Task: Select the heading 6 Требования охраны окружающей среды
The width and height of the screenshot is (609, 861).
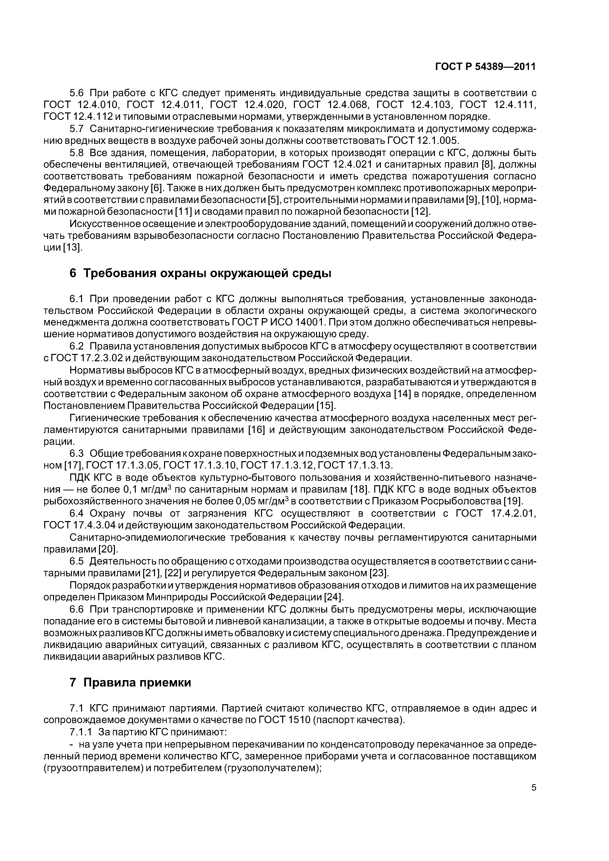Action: point(200,273)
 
